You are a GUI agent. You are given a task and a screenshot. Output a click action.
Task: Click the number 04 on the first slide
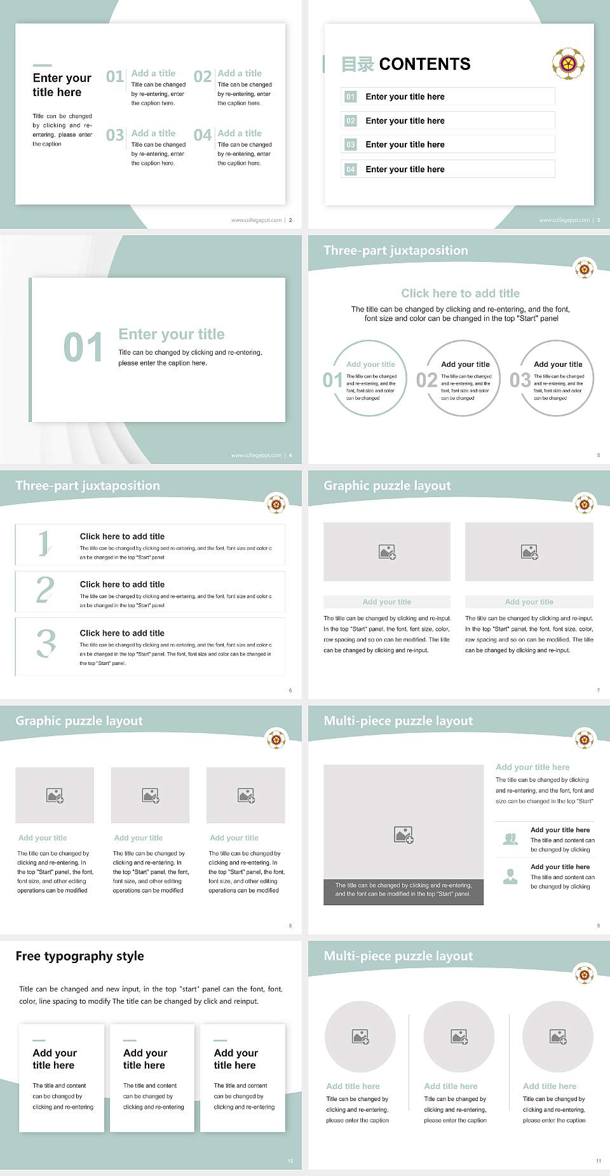tap(202, 135)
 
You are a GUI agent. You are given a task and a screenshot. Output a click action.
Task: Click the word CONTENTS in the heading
tap(424, 64)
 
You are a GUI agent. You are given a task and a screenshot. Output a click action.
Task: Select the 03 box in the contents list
tap(351, 145)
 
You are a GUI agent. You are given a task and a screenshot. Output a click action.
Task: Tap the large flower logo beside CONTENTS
tap(568, 64)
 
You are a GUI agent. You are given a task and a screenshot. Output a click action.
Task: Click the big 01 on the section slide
tap(83, 347)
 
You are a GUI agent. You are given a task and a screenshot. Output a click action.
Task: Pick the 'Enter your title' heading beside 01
tap(172, 334)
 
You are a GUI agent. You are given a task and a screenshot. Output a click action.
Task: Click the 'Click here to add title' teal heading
tap(460, 293)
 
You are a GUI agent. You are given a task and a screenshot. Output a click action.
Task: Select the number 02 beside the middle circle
tap(426, 380)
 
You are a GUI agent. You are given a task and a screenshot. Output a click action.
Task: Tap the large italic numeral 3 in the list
tap(46, 643)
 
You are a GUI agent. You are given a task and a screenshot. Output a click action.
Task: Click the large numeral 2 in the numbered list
tap(45, 590)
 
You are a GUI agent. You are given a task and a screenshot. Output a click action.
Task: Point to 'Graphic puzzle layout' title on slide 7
tap(387, 486)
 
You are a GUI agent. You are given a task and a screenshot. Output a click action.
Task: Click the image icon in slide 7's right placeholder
tap(529, 552)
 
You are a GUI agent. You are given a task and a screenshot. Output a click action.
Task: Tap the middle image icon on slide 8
tap(151, 795)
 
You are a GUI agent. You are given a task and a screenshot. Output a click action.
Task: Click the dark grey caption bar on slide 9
tap(403, 889)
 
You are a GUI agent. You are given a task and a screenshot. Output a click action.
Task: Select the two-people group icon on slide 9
tap(510, 839)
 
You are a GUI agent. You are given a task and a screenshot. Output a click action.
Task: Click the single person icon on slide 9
tap(510, 877)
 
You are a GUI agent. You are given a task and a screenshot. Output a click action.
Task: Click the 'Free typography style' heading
tap(79, 956)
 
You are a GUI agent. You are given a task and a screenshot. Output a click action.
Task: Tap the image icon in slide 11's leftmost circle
tap(360, 1037)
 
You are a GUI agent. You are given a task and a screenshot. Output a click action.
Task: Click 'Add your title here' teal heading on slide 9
tap(532, 767)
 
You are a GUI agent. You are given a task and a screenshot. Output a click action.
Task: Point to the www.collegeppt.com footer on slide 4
tap(256, 455)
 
